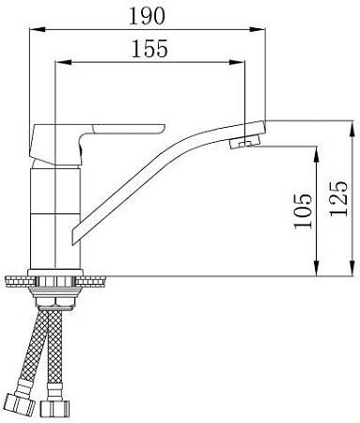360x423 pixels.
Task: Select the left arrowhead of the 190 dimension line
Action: click(35, 30)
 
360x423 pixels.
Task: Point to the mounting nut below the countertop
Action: click(59, 295)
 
